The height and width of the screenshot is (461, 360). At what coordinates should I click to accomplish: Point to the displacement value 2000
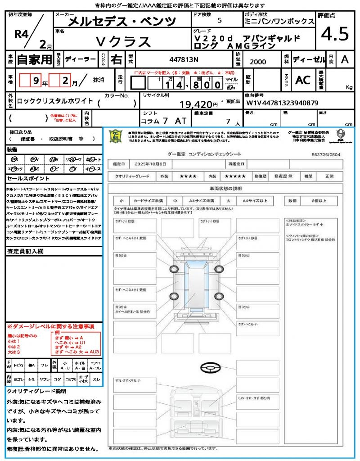pyautogui.click(x=257, y=62)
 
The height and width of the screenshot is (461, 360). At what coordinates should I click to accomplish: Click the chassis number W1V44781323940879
pyautogui.click(x=283, y=103)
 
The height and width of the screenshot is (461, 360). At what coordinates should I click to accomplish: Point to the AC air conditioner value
pyautogui.click(x=303, y=80)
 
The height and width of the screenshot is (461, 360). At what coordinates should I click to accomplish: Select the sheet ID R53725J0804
pyautogui.click(x=326, y=154)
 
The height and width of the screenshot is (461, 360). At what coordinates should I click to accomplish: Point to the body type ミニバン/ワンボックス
pyautogui.click(x=279, y=21)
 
